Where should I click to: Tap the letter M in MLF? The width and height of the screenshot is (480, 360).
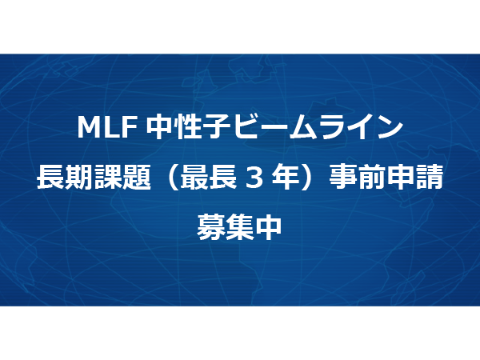(x=90, y=127)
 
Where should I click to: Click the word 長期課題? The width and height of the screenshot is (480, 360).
(x=94, y=178)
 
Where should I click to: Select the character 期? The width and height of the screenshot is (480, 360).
(x=80, y=178)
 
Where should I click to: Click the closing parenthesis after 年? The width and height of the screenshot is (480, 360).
(x=309, y=178)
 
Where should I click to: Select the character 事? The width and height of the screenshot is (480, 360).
(x=343, y=178)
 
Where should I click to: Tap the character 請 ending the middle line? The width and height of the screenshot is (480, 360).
(x=429, y=178)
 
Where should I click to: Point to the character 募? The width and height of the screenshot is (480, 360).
(x=211, y=227)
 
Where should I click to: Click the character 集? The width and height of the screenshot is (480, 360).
(x=239, y=227)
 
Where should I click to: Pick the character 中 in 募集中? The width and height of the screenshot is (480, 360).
(x=268, y=227)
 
